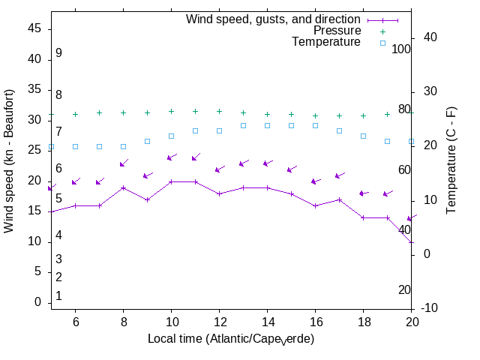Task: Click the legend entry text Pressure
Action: pos(337,31)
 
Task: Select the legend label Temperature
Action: pos(326,42)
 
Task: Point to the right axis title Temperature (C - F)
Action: pos(452,159)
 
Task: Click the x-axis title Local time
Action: pos(231,339)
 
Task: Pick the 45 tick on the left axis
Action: pos(34,28)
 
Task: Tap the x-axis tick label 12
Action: pos(219,321)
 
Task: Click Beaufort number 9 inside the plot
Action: pos(58,53)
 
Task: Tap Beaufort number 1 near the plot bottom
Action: pos(58,296)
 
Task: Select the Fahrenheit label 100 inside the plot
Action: pos(401,49)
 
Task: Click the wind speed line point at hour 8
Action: pos(123,187)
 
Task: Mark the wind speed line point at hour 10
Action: pos(171,181)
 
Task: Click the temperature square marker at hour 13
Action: pos(243,125)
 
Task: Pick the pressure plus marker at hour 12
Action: pos(219,111)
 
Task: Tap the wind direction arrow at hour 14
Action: pos(267,163)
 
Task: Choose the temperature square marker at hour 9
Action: pos(147,141)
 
